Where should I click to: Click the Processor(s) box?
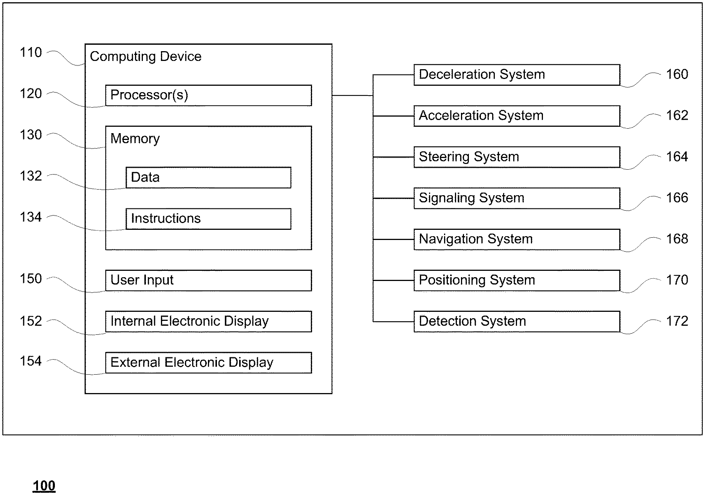(208, 95)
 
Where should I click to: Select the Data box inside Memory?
(208, 178)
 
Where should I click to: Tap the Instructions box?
(208, 219)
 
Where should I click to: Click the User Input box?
(208, 280)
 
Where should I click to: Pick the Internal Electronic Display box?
(208, 321)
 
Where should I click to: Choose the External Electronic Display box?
(208, 363)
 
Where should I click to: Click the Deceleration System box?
(517, 75)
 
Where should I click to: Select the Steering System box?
(517, 157)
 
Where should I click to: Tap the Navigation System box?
(517, 239)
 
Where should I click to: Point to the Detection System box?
(517, 321)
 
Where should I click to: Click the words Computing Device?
(146, 57)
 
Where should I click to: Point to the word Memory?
(135, 139)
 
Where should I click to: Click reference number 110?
(31, 53)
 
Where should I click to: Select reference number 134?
(31, 217)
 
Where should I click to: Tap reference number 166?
(677, 198)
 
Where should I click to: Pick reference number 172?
(677, 321)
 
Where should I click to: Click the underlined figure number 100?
(44, 486)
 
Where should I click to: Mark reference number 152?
(31, 321)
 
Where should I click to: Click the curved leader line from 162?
(640, 121)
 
